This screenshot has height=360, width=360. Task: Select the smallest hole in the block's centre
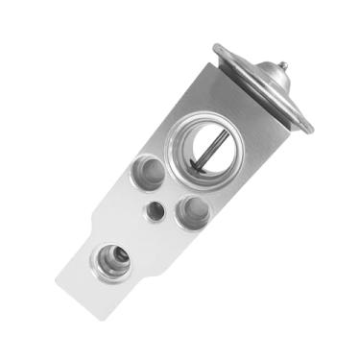(152, 209)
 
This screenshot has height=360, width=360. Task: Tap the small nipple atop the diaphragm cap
(283, 67)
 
